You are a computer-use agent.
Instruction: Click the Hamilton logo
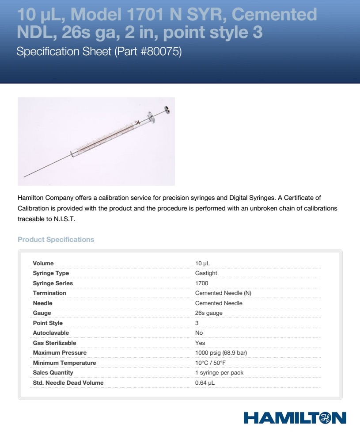(295, 418)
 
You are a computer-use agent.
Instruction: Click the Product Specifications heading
(56, 240)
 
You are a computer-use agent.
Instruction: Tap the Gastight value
(206, 273)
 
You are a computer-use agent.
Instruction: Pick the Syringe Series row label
(53, 283)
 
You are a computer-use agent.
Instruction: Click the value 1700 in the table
(201, 283)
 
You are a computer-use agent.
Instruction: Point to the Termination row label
(49, 293)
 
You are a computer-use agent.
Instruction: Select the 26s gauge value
(208, 313)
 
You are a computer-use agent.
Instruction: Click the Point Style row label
(48, 323)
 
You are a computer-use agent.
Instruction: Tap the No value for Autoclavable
(199, 333)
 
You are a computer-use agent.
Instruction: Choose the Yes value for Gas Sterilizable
(200, 343)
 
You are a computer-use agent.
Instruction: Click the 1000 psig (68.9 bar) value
(221, 353)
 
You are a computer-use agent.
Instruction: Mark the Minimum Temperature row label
(64, 363)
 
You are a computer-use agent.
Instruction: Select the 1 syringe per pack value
(219, 373)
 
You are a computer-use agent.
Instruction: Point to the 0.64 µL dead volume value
(205, 383)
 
